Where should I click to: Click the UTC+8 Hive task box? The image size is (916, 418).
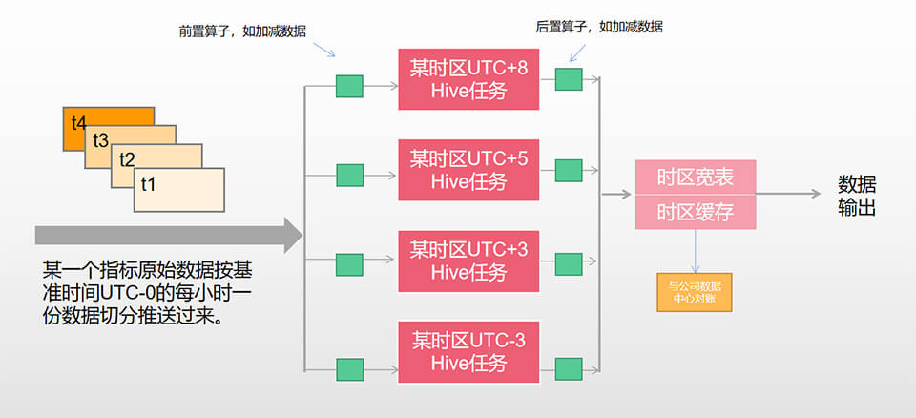pyautogui.click(x=467, y=78)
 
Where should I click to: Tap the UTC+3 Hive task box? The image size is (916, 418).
pyautogui.click(x=467, y=261)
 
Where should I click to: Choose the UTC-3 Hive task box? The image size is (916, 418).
pyautogui.click(x=467, y=350)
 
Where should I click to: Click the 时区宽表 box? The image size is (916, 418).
pyautogui.click(x=696, y=178)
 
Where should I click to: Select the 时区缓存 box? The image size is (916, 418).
pyautogui.click(x=696, y=211)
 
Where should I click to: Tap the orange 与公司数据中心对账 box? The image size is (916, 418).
pyautogui.click(x=695, y=291)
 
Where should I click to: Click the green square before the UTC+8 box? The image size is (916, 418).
pyautogui.click(x=349, y=86)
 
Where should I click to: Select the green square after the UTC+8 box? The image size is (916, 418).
pyautogui.click(x=569, y=79)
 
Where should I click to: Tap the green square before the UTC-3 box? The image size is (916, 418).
pyautogui.click(x=349, y=367)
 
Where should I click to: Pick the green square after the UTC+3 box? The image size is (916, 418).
pyautogui.click(x=569, y=264)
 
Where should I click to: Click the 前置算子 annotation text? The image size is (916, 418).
pyautogui.click(x=242, y=30)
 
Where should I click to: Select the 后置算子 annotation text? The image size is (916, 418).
pyautogui.click(x=598, y=27)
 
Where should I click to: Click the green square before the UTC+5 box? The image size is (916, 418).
pyautogui.click(x=349, y=176)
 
